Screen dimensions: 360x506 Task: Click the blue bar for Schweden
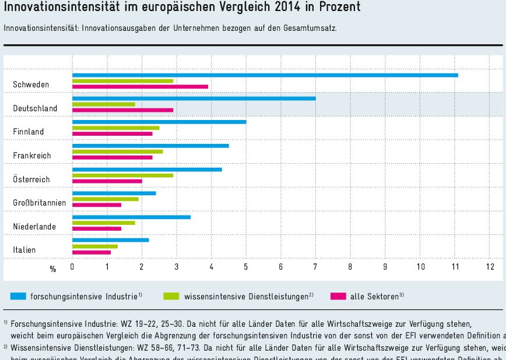(265, 75)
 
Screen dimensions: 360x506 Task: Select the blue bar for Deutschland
(194, 98)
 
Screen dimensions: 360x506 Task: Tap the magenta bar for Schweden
(140, 86)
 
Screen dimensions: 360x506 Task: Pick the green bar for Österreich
(122, 175)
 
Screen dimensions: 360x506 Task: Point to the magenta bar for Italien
(92, 252)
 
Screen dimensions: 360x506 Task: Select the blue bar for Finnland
(159, 122)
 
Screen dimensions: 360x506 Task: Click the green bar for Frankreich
(117, 151)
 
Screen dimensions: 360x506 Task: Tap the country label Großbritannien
(40, 203)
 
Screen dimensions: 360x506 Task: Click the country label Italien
(24, 250)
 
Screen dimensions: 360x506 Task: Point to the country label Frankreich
(32, 156)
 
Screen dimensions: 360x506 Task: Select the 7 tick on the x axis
(315, 267)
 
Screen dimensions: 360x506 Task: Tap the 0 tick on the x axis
(72, 267)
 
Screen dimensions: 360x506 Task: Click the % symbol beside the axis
(53, 269)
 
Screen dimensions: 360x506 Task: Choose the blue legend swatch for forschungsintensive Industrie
(18, 296)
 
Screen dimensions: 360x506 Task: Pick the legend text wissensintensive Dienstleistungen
(245, 297)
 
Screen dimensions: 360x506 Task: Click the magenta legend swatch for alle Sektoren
(338, 296)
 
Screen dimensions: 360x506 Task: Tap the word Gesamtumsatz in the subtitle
(311, 28)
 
